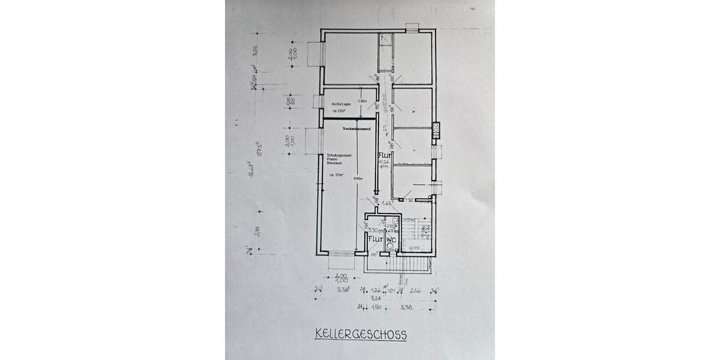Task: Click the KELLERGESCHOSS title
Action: tap(360, 334)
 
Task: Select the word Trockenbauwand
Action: tap(356, 129)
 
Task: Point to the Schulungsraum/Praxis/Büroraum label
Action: tap(340, 160)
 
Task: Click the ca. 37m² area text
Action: tap(336, 175)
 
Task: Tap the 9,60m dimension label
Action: tap(358, 178)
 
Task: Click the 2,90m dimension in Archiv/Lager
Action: tap(362, 101)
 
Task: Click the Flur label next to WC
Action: tap(375, 238)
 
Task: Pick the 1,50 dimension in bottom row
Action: tap(376, 307)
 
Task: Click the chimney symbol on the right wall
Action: tap(437, 127)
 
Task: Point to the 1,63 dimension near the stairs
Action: tap(388, 204)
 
